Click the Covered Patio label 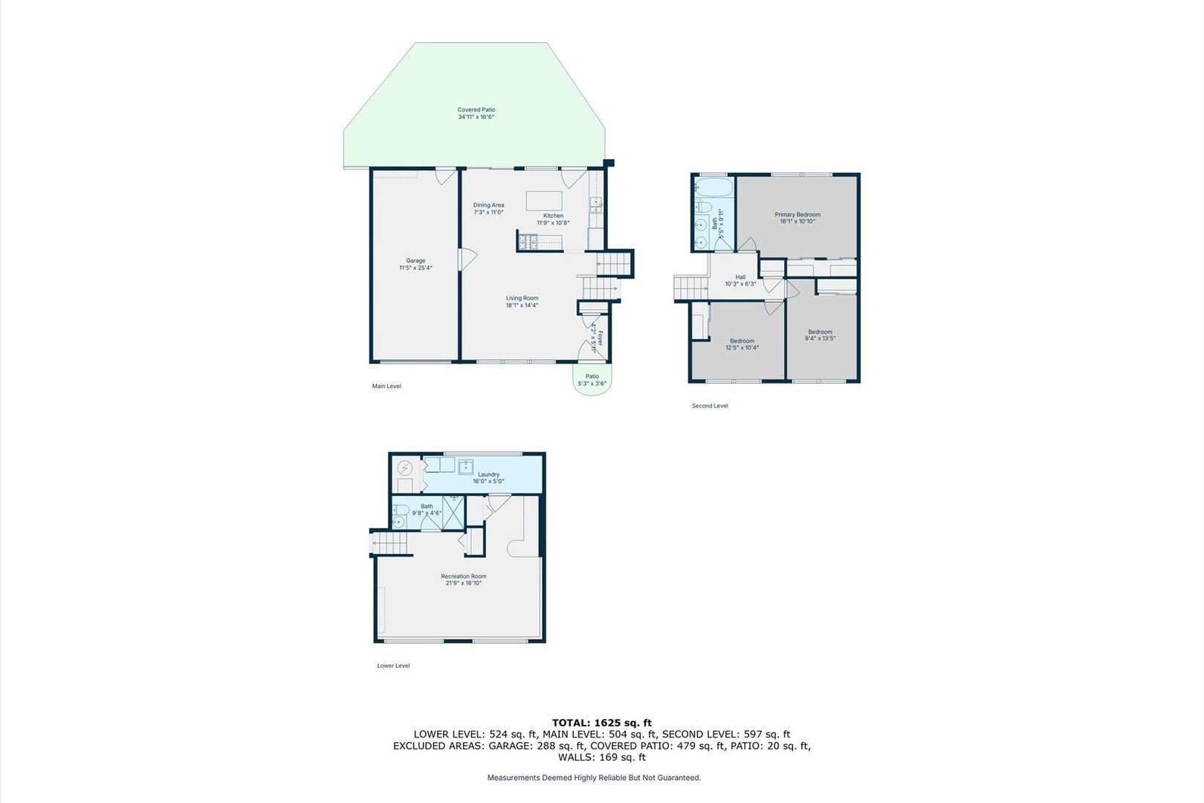tap(476, 113)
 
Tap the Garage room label tap(415, 264)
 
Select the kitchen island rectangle tap(544, 201)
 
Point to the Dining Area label tap(488, 208)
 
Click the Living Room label tap(522, 301)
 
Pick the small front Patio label tap(592, 380)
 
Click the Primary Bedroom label tap(797, 218)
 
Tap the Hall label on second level tap(740, 280)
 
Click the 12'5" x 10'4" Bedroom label tap(742, 344)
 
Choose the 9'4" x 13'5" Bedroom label tap(820, 335)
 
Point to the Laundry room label tap(488, 477)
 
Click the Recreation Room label tap(464, 579)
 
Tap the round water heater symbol tap(405, 468)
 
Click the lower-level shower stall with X tap(453, 512)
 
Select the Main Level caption tap(386, 387)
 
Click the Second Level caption tap(710, 406)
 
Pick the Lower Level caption tap(393, 666)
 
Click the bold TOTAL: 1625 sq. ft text tap(601, 723)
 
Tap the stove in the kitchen tap(528, 241)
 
